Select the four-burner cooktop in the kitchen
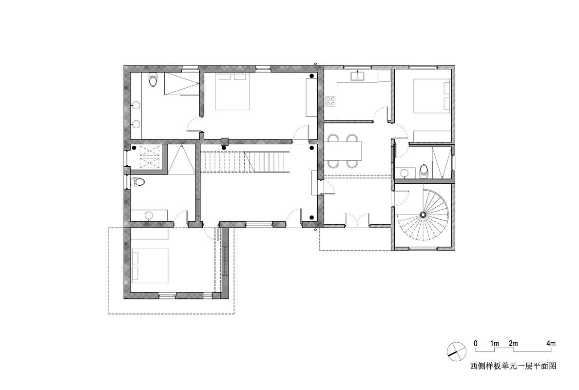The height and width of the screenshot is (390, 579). point(330,101)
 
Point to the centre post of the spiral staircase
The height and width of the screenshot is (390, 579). point(423,214)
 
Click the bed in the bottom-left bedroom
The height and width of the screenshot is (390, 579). point(150,266)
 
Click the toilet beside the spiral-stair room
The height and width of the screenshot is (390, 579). point(425,171)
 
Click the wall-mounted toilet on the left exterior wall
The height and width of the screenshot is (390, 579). point(138,182)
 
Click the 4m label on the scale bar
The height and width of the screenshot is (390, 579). point(551,344)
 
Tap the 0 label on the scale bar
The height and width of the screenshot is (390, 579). point(476,344)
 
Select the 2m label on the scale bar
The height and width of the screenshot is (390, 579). point(513,344)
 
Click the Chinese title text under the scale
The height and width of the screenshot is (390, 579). point(513,366)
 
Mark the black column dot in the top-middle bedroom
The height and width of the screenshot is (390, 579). point(312,76)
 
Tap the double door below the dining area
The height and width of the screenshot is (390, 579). point(357,219)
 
